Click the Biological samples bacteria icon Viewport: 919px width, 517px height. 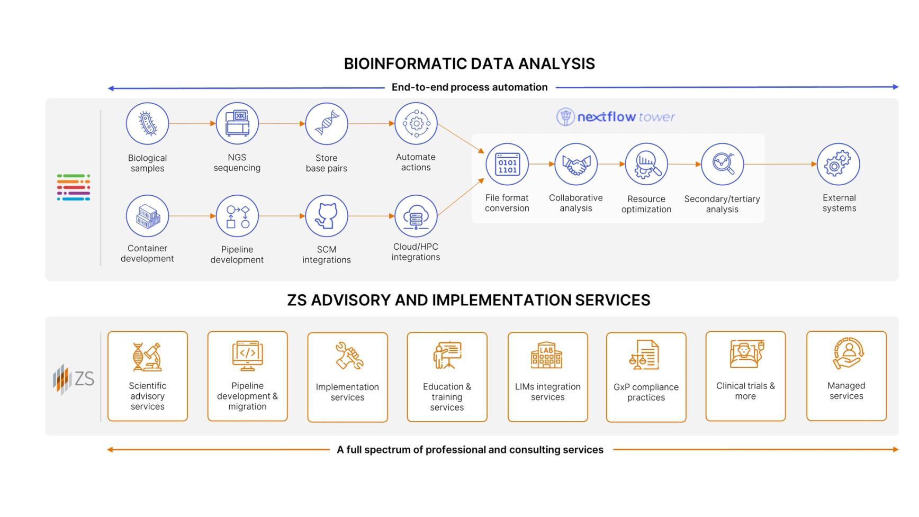[x=147, y=124]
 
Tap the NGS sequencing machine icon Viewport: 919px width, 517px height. [x=237, y=124]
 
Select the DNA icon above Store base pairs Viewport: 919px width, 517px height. [x=327, y=124]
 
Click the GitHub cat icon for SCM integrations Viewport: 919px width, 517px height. [x=327, y=216]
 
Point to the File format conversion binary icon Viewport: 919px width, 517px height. [x=507, y=165]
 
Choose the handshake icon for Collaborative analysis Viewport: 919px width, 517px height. [x=576, y=165]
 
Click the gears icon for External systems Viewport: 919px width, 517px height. [x=839, y=165]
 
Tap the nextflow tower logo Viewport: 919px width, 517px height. [x=616, y=117]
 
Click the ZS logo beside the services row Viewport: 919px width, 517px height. [x=74, y=379]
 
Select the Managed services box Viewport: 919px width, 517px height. [x=846, y=376]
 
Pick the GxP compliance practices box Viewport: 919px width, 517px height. [x=646, y=377]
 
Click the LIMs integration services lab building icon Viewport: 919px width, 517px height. [x=547, y=355]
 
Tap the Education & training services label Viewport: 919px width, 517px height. [x=447, y=397]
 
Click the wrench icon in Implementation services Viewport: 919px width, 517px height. [x=349, y=356]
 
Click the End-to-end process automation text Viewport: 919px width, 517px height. [x=470, y=87]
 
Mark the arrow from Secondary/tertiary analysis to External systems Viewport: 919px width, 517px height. [x=780, y=165]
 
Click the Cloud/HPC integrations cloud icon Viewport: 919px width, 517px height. [x=416, y=216]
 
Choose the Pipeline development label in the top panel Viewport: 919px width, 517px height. [x=237, y=255]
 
